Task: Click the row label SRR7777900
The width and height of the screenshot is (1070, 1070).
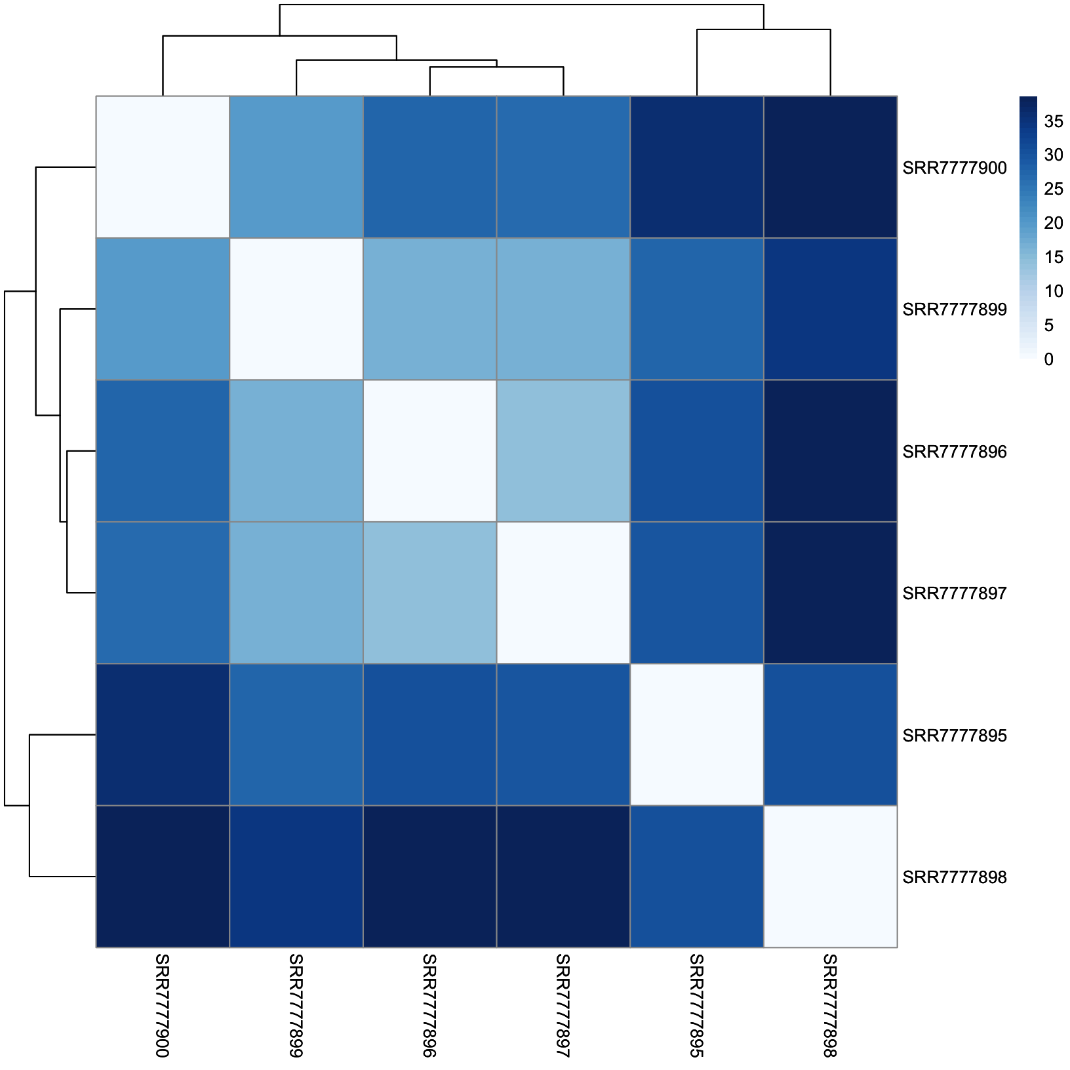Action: click(954, 168)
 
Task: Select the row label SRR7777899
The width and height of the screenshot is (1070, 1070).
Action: click(954, 309)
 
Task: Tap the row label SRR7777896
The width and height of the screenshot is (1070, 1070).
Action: click(954, 452)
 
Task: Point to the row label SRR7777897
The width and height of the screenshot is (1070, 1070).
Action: click(954, 593)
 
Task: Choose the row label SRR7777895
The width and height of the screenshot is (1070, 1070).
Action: click(954, 736)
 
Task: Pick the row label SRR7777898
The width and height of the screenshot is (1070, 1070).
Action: click(954, 877)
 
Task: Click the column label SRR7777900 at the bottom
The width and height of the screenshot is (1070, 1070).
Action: click(162, 1006)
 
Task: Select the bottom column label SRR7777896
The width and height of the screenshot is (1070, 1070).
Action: click(429, 1006)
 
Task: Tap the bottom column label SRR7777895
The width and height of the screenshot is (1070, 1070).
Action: click(696, 1006)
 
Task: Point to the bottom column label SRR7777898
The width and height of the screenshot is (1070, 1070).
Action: click(830, 1006)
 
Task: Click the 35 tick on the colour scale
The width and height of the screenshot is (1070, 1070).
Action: click(1054, 121)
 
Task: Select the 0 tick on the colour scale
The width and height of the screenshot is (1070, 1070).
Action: click(1049, 359)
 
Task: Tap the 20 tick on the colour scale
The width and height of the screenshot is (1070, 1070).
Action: click(1054, 223)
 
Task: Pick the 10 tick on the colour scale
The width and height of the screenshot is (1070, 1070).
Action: click(1054, 291)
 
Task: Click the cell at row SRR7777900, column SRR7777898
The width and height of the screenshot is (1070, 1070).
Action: click(830, 167)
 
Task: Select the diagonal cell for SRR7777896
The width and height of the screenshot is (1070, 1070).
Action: click(429, 451)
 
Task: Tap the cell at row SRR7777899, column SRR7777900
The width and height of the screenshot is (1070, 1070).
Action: click(163, 309)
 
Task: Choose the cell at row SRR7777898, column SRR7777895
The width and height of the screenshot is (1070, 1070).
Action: click(696, 877)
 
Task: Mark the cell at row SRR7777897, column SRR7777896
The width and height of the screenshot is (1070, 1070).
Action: click(429, 593)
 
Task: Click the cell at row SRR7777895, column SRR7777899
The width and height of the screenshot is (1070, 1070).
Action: click(296, 734)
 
